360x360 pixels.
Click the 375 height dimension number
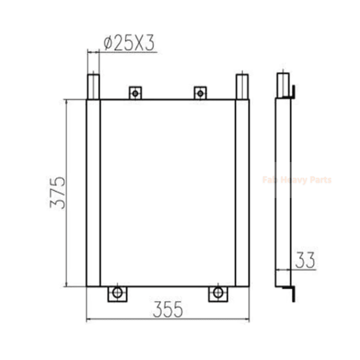pyautogui.click(x=58, y=193)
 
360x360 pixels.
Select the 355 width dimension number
pyautogui.click(x=168, y=309)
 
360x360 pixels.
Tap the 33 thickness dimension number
pyautogui.click(x=305, y=260)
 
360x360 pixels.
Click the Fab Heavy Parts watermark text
pyautogui.click(x=297, y=180)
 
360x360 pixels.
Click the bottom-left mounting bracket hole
pyautogui.click(x=117, y=292)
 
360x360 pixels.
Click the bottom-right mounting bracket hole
pyautogui.click(x=218, y=292)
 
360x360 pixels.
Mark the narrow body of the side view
pyautogui.click(x=283, y=191)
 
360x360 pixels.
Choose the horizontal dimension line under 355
pyautogui.click(x=168, y=320)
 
